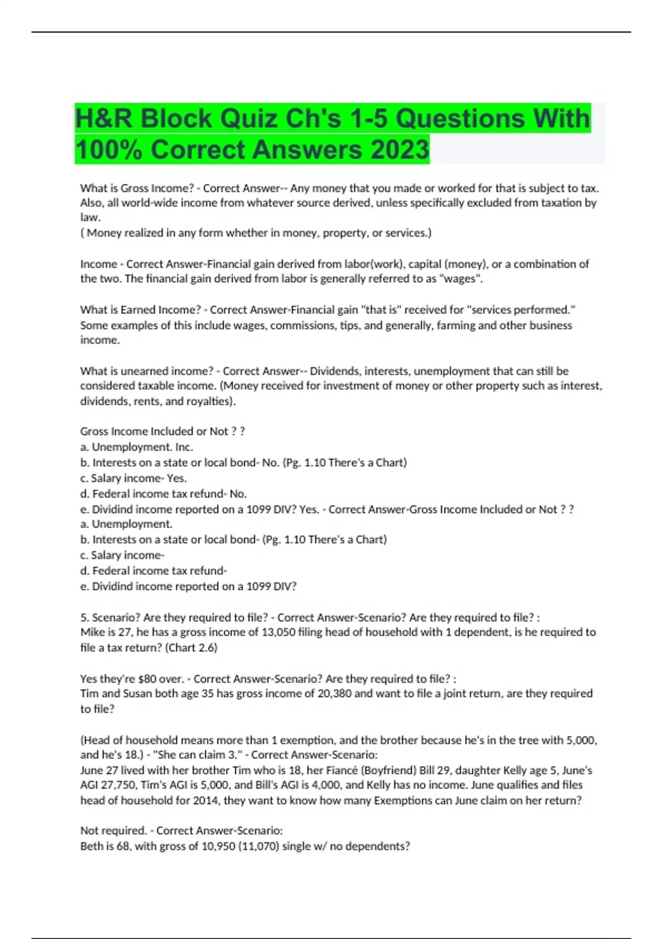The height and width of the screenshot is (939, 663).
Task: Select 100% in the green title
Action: tap(108, 150)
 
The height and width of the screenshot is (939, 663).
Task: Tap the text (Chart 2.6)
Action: tap(191, 647)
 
